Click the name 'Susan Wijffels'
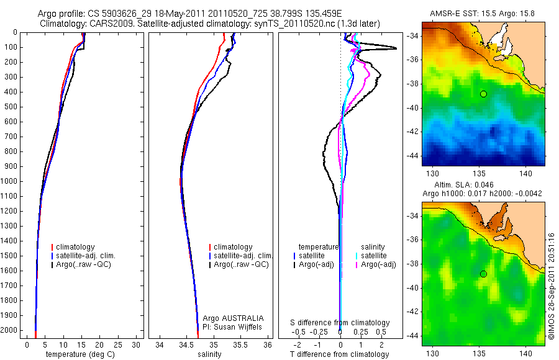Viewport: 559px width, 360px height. pyautogui.click(x=238, y=326)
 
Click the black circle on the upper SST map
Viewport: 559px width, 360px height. pyautogui.click(x=483, y=94)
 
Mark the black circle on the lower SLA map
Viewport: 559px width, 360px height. pyautogui.click(x=483, y=274)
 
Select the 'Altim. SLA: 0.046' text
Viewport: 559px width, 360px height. pyautogui.click(x=483, y=185)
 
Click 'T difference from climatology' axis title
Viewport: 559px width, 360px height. pyautogui.click(x=339, y=354)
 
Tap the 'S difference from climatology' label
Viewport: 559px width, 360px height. pyautogui.click(x=340, y=323)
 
